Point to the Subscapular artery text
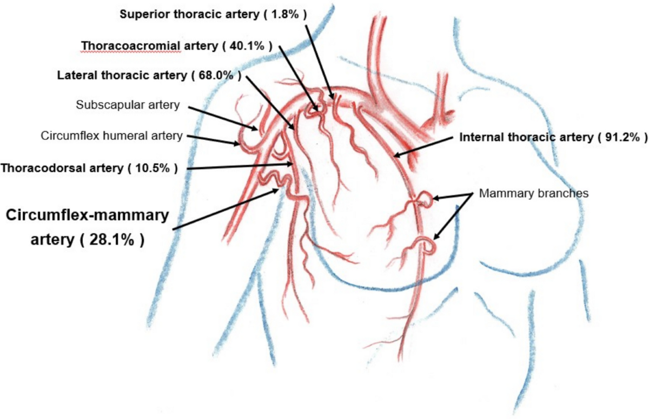pyautogui.click(x=127, y=105)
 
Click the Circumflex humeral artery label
pyautogui.click(x=111, y=136)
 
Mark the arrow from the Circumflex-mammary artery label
pyautogui.click(x=227, y=209)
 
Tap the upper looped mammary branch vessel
pyautogui.click(x=426, y=200)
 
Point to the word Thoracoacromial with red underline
pyautogui.click(x=131, y=46)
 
